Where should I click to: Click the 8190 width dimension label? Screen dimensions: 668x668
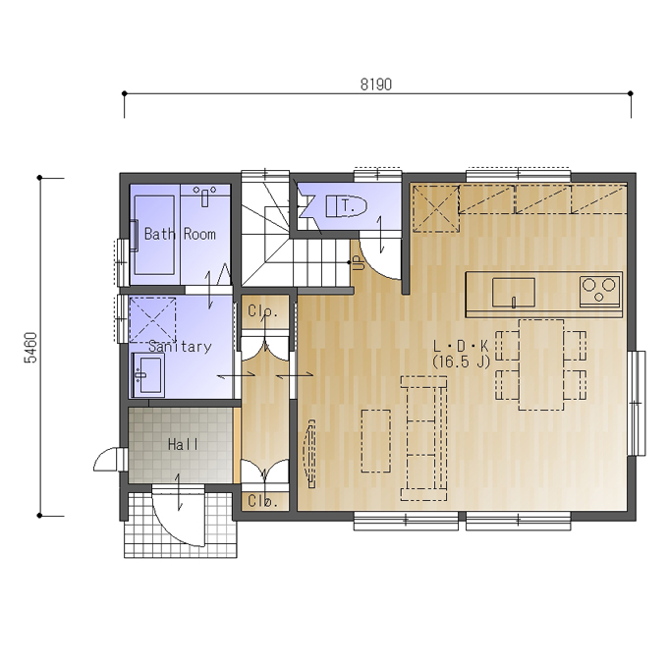pos(375,84)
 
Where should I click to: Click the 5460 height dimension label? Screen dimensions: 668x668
pos(30,347)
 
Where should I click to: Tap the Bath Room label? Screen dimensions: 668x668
pos(180,234)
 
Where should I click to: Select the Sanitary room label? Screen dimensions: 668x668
pos(180,347)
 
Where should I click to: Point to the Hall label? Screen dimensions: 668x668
pos(183,445)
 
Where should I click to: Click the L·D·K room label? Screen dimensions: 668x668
pos(461,346)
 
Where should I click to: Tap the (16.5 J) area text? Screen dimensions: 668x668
pos(462,362)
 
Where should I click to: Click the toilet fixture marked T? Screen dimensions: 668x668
pos(346,206)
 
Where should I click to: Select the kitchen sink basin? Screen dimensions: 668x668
pos(514,293)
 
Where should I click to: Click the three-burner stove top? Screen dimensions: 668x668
pos(600,291)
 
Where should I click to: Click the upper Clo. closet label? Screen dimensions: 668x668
pos(263,311)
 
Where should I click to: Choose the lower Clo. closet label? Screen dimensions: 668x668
pos(263,501)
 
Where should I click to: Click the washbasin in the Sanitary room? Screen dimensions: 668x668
pos(147,375)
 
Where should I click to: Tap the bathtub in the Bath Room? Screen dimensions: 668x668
pos(154,235)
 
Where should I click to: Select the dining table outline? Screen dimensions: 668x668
pos(541,364)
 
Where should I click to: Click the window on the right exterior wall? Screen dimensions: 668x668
pos(637,403)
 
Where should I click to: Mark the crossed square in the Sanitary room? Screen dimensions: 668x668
pos(152,319)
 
